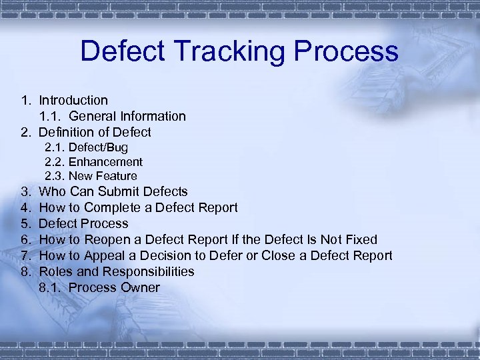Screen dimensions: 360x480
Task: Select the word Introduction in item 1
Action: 73,101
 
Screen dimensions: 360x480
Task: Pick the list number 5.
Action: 25,223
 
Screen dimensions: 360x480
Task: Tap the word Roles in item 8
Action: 55,271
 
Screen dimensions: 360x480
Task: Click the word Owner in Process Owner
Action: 139,287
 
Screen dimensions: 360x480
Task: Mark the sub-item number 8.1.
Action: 50,287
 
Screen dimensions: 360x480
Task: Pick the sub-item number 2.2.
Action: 54,162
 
